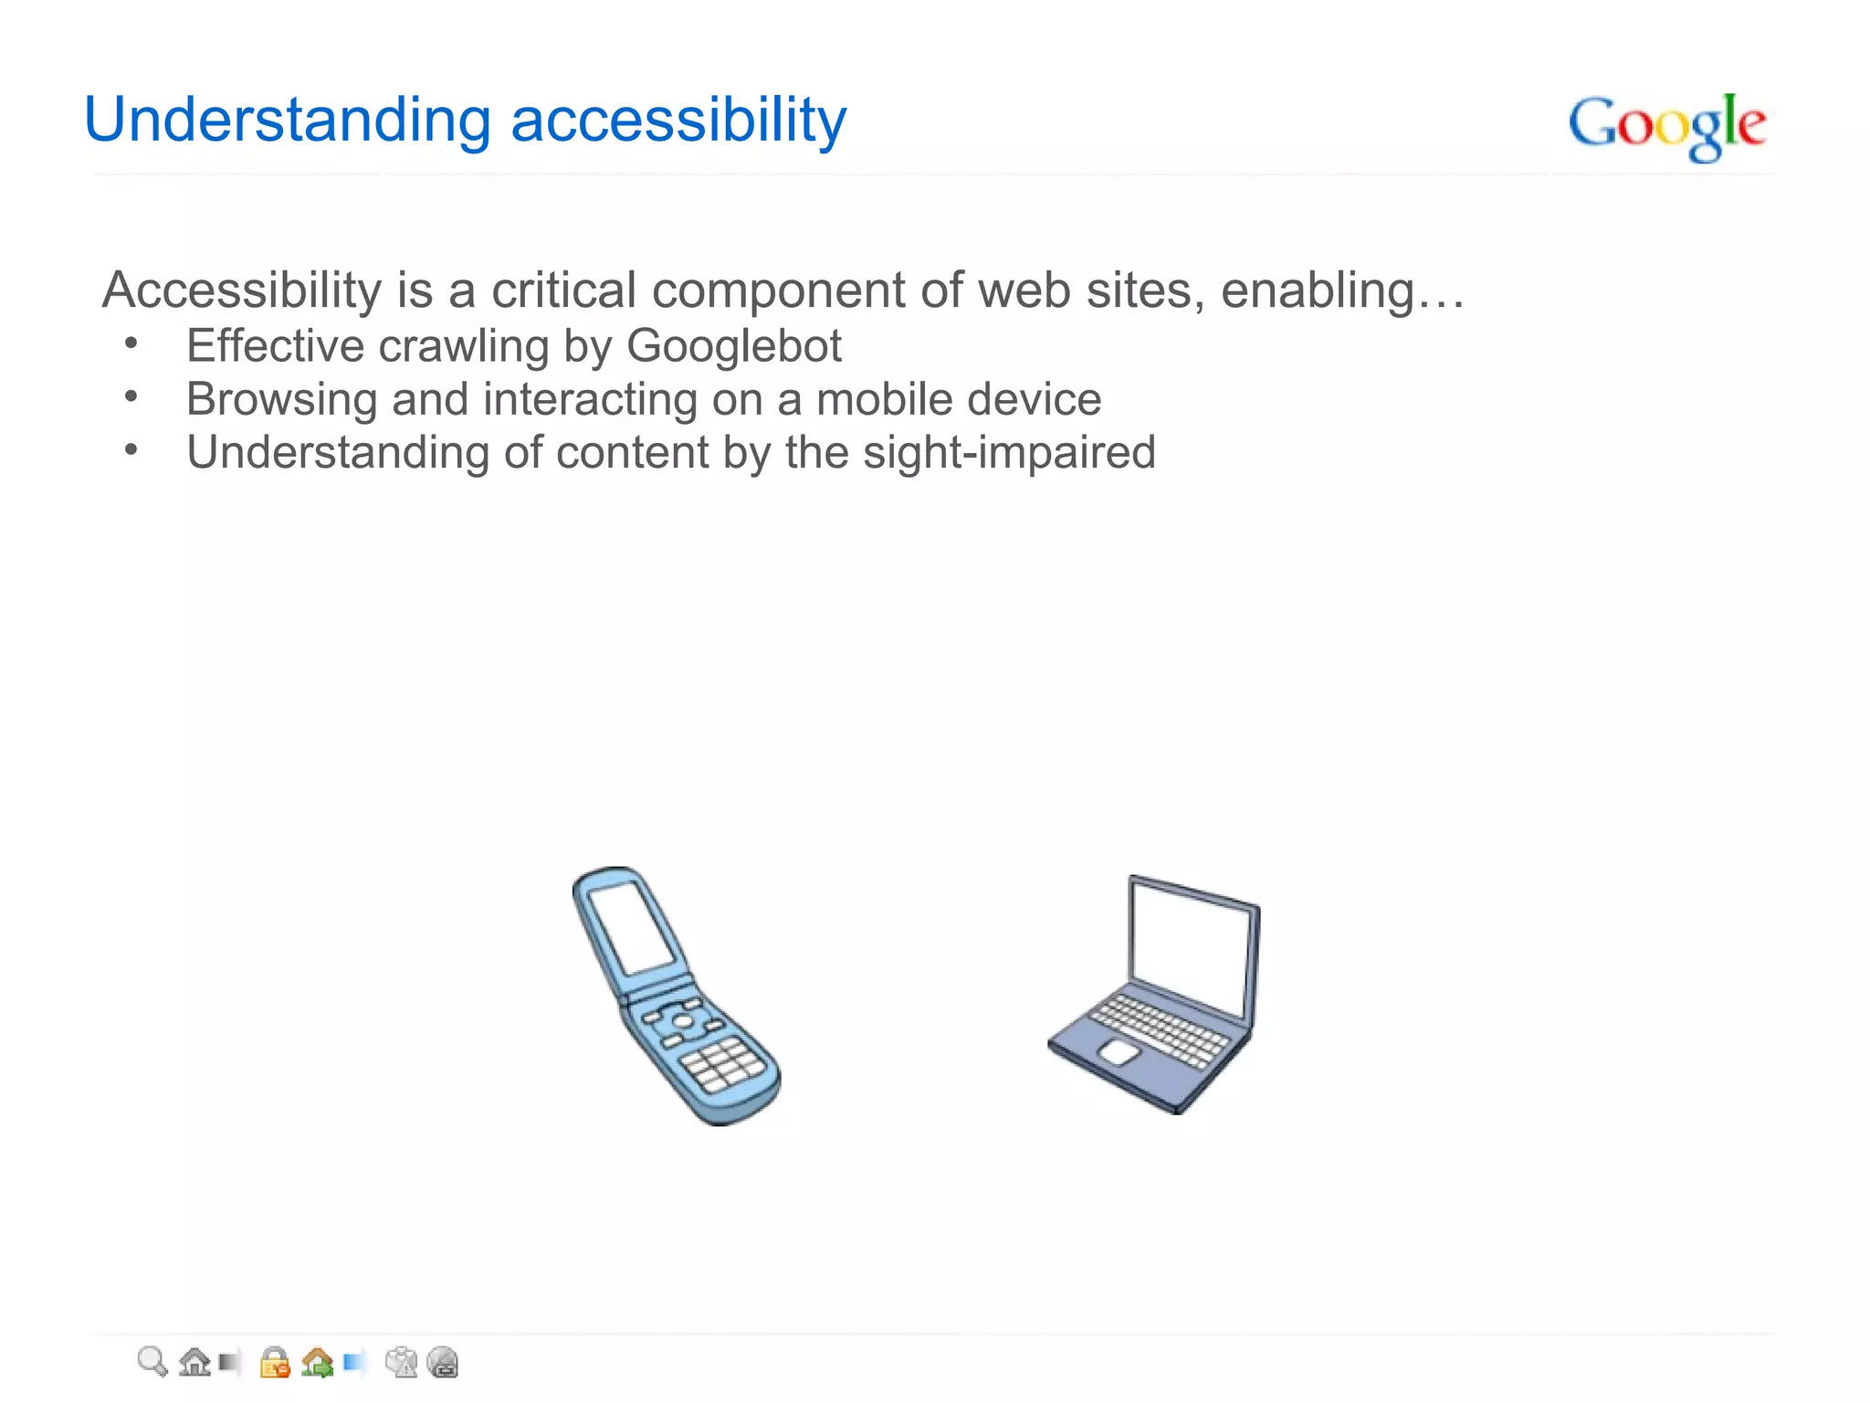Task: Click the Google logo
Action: click(1667, 126)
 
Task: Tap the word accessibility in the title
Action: click(678, 121)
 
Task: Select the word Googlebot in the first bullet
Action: click(734, 346)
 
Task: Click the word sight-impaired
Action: click(1009, 452)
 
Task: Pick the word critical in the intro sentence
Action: click(563, 290)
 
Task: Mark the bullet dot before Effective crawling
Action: click(131, 343)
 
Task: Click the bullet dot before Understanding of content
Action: click(131, 449)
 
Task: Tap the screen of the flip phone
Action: click(632, 926)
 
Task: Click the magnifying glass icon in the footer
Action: click(152, 1362)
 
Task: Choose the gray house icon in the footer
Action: click(194, 1362)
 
